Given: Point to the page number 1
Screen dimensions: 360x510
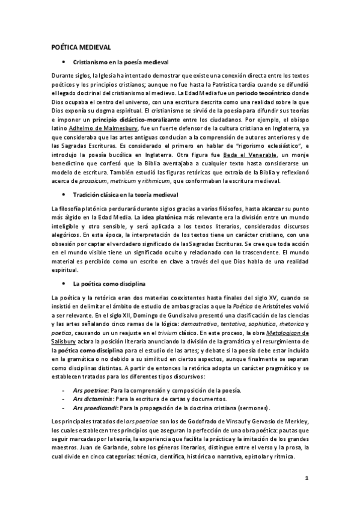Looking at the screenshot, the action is tap(307, 479).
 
